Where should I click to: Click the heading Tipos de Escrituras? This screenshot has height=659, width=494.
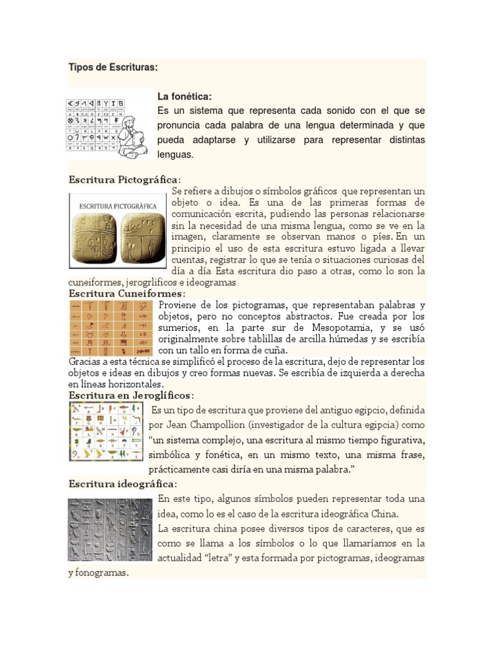[x=113, y=68]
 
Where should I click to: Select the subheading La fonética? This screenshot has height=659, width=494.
[x=185, y=97]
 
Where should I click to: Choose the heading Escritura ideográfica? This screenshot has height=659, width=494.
[x=122, y=484]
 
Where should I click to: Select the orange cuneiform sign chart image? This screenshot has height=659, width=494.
[x=112, y=328]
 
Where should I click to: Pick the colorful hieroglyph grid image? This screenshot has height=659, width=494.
[x=106, y=431]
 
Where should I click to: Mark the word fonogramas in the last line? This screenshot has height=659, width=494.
[x=103, y=573]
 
